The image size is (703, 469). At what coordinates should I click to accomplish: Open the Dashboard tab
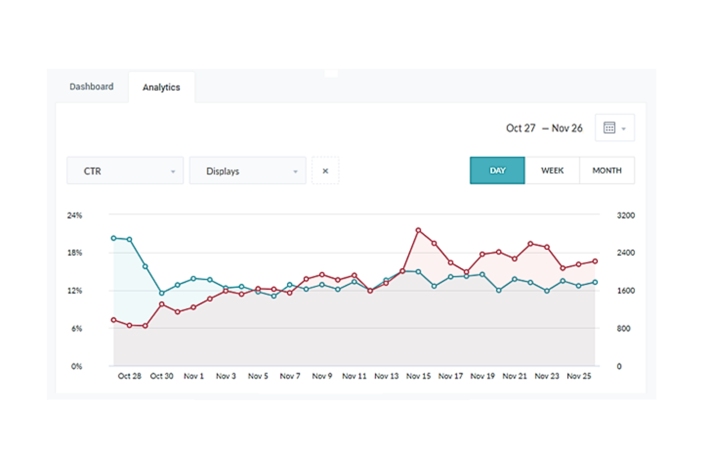(92, 86)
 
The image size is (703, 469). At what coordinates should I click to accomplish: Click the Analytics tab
(161, 87)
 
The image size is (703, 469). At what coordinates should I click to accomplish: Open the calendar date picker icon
(609, 128)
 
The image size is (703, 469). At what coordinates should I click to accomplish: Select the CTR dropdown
(125, 171)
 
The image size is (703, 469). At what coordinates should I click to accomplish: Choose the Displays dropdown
(247, 171)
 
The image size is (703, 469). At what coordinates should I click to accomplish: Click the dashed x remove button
(325, 171)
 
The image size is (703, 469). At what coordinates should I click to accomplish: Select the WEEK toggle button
(552, 171)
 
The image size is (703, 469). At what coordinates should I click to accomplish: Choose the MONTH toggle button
(607, 171)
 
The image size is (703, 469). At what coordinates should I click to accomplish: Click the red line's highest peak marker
(418, 230)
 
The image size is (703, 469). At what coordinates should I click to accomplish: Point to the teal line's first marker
(114, 238)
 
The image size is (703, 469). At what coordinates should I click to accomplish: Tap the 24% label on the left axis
(75, 215)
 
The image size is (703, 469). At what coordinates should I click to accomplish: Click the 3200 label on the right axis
(626, 215)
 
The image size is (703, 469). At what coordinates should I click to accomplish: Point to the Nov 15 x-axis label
(418, 376)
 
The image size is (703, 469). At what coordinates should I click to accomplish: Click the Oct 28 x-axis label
(129, 376)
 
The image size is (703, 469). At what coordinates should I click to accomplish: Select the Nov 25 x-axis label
(579, 376)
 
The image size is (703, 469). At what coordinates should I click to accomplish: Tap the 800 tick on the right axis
(623, 328)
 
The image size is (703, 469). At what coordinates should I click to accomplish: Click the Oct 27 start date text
(521, 128)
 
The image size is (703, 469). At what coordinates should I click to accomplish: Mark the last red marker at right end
(595, 261)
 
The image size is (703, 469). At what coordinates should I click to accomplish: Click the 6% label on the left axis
(76, 328)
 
